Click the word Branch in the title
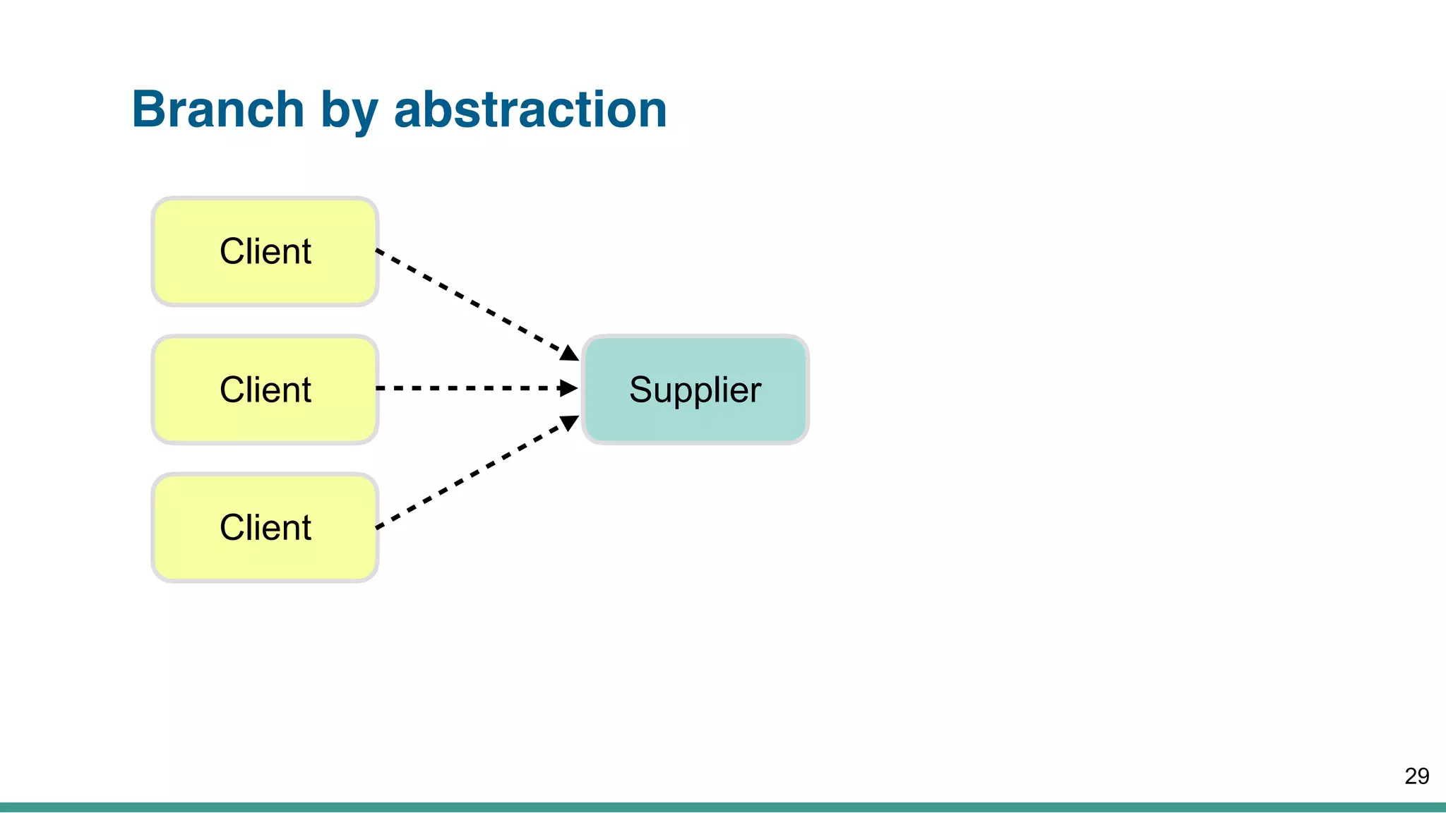[x=217, y=109]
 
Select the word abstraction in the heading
[x=530, y=109]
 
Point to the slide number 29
[x=1416, y=776]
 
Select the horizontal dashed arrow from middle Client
[x=466, y=388]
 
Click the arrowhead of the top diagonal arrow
[x=570, y=352]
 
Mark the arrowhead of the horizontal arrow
[x=568, y=388]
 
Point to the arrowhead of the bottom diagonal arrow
[x=570, y=423]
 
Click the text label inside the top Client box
[x=265, y=251]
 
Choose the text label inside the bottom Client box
[x=265, y=527]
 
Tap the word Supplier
[x=695, y=390]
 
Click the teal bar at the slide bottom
[x=723, y=807]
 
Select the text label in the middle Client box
[x=265, y=390]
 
